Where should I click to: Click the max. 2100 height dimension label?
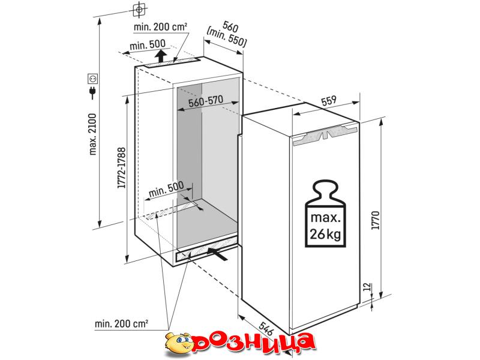93,134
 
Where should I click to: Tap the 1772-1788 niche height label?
122,168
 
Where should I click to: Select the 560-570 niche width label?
206,101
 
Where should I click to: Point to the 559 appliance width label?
329,100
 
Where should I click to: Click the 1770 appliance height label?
376,220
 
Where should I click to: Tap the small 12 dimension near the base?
368,287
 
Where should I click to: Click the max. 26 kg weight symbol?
325,214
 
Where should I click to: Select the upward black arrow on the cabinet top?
160,56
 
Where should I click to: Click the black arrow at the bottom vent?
217,254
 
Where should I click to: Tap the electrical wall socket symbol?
92,79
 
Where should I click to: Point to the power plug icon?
92,92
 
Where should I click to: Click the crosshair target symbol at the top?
139,10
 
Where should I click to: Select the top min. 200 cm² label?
160,27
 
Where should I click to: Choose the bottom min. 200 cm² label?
121,323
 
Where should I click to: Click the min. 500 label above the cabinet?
147,46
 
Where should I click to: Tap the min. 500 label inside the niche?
166,189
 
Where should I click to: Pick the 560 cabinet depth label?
230,27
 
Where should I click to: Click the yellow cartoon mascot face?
178,344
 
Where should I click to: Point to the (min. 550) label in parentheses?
227,38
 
